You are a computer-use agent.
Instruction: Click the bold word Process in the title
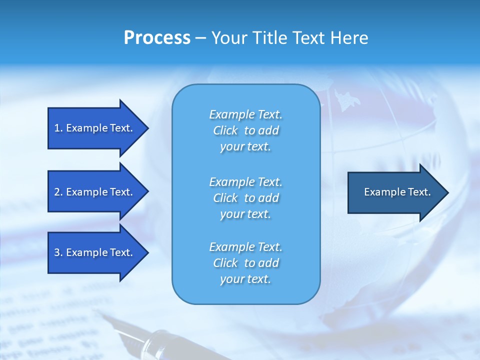(x=157, y=38)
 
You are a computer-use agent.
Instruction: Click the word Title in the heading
(x=268, y=38)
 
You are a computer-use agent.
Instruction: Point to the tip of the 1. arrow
(x=147, y=128)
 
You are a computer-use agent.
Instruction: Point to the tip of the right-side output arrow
(x=447, y=192)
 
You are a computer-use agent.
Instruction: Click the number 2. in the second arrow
(x=58, y=192)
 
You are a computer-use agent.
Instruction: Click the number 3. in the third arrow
(x=58, y=252)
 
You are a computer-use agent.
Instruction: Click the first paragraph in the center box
(x=245, y=130)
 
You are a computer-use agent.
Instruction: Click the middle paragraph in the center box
(x=245, y=197)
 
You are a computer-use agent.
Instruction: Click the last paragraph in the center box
(x=245, y=263)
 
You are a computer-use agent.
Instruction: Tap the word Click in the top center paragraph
(x=225, y=130)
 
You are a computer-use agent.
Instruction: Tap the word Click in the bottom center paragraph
(x=225, y=263)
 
